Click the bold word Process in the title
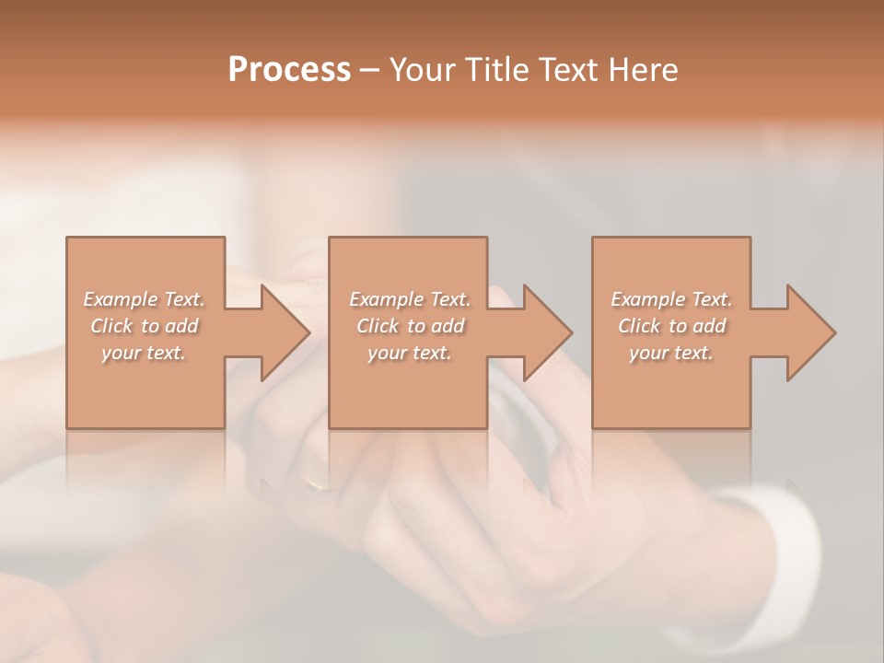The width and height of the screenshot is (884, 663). pyautogui.click(x=289, y=70)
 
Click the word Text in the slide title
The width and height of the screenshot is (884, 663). pyautogui.click(x=567, y=70)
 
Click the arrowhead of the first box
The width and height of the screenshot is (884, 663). pyautogui.click(x=285, y=332)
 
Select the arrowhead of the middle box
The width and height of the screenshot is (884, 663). pyautogui.click(x=548, y=332)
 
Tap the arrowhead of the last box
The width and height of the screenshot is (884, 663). pyautogui.click(x=811, y=332)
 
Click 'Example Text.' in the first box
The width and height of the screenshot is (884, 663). pyautogui.click(x=145, y=299)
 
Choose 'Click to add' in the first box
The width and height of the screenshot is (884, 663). pyautogui.click(x=145, y=326)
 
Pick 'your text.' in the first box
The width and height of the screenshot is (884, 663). pyautogui.click(x=145, y=353)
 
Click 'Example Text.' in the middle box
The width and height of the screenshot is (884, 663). pyautogui.click(x=410, y=299)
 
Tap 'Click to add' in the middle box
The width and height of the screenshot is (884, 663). pyautogui.click(x=410, y=326)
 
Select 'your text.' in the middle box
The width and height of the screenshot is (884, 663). pyautogui.click(x=410, y=353)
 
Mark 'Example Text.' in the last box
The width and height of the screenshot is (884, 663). pyautogui.click(x=671, y=299)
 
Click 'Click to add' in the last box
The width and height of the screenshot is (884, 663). pyautogui.click(x=671, y=326)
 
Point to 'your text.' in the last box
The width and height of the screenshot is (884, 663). pyautogui.click(x=671, y=353)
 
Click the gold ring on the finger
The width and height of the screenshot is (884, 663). pyautogui.click(x=316, y=483)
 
